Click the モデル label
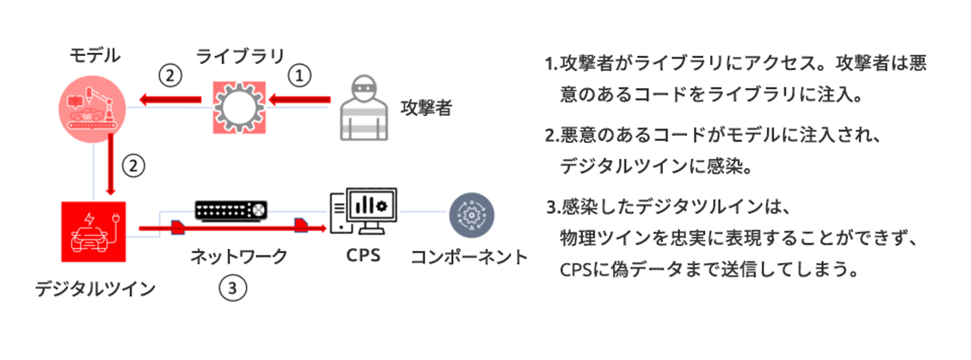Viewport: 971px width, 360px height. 95,55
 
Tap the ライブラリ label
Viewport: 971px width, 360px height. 240,56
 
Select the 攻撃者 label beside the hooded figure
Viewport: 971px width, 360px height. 426,108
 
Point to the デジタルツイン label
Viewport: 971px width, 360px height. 95,289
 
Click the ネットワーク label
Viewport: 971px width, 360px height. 239,256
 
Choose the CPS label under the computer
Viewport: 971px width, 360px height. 363,255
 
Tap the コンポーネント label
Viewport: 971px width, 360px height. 469,257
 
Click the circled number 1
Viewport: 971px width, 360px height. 299,76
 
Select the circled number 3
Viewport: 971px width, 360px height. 233,288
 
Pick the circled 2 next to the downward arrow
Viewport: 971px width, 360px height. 134,166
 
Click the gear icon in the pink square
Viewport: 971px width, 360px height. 239,107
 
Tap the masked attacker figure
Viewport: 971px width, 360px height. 364,108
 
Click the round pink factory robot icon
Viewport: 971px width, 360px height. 92,109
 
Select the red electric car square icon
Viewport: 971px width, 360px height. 94,232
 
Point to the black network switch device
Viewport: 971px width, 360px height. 231,210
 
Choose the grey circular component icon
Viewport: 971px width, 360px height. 471,215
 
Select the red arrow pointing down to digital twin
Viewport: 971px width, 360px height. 111,164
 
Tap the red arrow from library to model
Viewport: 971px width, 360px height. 170,100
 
